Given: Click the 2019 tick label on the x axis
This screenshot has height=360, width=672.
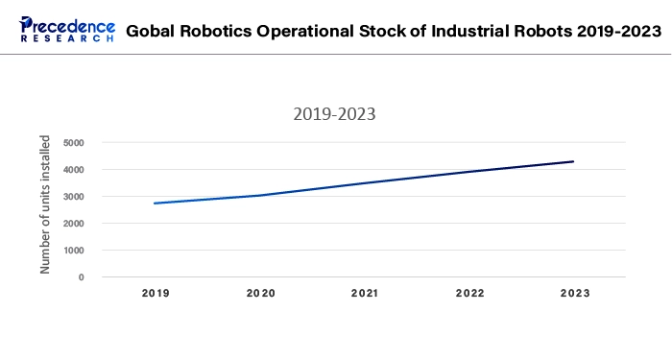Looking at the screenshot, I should pyautogui.click(x=155, y=293).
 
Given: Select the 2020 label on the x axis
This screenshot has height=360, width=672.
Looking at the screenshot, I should pyautogui.click(x=259, y=293).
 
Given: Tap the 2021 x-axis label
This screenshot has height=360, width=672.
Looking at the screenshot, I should pyautogui.click(x=364, y=293).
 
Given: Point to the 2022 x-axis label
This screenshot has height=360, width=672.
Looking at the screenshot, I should pyautogui.click(x=468, y=293).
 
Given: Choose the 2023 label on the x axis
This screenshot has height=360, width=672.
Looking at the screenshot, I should pyautogui.click(x=573, y=293).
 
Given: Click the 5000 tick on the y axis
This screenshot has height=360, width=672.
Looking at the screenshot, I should pyautogui.click(x=74, y=143).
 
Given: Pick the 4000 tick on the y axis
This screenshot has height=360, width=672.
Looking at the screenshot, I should pyautogui.click(x=74, y=170).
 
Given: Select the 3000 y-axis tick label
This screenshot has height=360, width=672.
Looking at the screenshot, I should pyautogui.click(x=74, y=197).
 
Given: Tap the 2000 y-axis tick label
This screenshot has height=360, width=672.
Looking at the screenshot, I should pyautogui.click(x=74, y=224).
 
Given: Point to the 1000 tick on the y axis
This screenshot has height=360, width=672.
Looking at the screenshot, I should pyautogui.click(x=74, y=251).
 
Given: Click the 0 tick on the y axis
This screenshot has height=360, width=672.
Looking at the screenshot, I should pyautogui.click(x=82, y=277).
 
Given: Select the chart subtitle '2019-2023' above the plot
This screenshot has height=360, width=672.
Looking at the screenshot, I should pyautogui.click(x=333, y=114).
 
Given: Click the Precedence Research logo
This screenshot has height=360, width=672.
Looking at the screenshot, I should pyautogui.click(x=67, y=29).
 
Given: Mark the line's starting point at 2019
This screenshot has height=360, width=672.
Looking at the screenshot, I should pyautogui.click(x=155, y=203).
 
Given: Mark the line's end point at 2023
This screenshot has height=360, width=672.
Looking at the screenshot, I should pyautogui.click(x=573, y=161).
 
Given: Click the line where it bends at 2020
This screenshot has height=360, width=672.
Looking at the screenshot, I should pyautogui.click(x=259, y=195).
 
